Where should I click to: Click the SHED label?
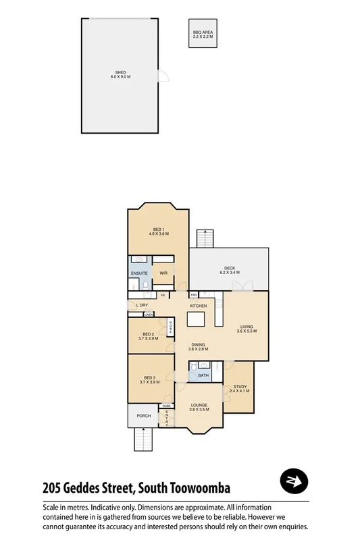click(x=120, y=73)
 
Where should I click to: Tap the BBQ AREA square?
click(x=202, y=33)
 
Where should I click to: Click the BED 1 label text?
click(x=158, y=230)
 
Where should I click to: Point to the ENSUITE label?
click(x=140, y=273)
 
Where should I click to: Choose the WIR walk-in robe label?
click(x=163, y=273)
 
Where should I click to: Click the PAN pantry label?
click(x=193, y=295)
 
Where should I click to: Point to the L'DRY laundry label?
click(x=142, y=306)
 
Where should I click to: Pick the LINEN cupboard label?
click(x=148, y=315)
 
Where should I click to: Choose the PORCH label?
click(x=143, y=416)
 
